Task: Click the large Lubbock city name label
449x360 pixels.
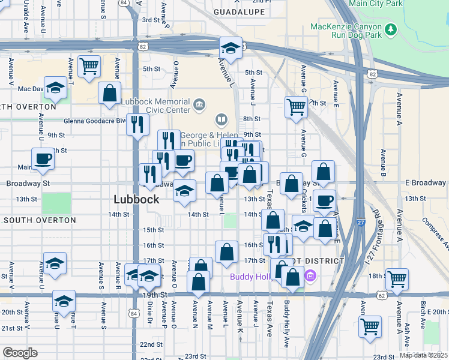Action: tap(137, 199)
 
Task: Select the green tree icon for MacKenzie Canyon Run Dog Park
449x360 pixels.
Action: tap(391, 29)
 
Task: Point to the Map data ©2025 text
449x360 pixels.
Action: tap(423, 355)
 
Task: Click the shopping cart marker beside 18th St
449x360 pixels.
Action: tap(397, 278)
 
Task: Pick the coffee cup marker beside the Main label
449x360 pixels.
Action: tap(43, 159)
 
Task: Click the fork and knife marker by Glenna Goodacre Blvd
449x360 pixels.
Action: tap(137, 124)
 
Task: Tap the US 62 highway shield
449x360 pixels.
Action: tap(382, 295)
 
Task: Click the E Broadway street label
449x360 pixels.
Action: tap(425, 182)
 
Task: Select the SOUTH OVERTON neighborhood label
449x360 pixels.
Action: tap(40, 220)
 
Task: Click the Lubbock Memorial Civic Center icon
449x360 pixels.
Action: tap(200, 106)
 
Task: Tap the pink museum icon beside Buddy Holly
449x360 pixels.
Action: tap(310, 277)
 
